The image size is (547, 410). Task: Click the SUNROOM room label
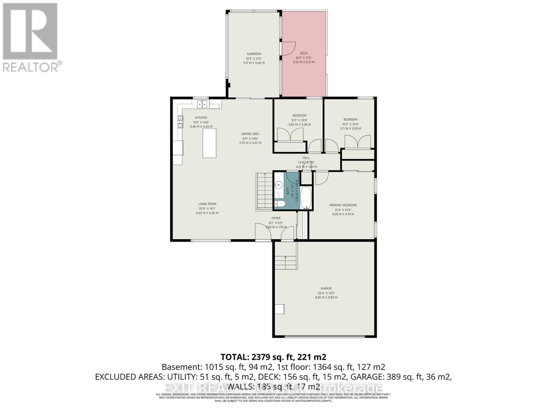coord(254,54)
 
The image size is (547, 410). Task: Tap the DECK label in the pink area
coord(304,53)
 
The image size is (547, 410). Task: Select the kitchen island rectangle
coord(209,143)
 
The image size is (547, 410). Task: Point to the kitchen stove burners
coord(180,122)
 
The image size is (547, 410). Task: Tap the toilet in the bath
coord(281,204)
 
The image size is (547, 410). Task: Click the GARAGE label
coord(326,288)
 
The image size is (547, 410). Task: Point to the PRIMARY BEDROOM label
coord(343,205)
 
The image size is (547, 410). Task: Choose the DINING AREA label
coord(250,134)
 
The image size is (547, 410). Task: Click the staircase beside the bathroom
coord(264,192)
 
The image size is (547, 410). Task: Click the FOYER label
coord(276,218)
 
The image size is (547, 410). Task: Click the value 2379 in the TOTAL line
coord(262,357)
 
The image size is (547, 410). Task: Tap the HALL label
coord(306,158)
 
